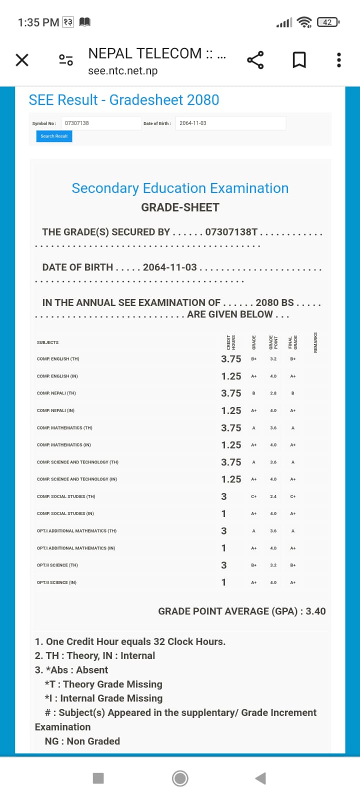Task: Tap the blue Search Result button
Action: pyautogui.click(x=54, y=136)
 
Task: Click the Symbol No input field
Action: pyautogui.click(x=101, y=123)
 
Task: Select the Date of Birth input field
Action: pyautogui.click(x=230, y=123)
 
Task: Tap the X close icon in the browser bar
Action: pyautogui.click(x=22, y=60)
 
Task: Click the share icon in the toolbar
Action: pyautogui.click(x=255, y=60)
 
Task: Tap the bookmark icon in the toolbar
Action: pyautogui.click(x=299, y=60)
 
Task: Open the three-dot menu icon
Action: pyautogui.click(x=339, y=60)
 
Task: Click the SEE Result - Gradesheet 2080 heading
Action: pyautogui.click(x=124, y=100)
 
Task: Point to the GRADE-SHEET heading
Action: pyautogui.click(x=180, y=207)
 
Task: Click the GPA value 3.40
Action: pyautogui.click(x=315, y=611)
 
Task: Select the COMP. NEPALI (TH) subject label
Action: pyautogui.click(x=56, y=393)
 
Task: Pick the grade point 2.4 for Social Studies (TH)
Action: pyautogui.click(x=273, y=496)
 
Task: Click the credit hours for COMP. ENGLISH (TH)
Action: pyautogui.click(x=231, y=359)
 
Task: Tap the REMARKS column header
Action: pyautogui.click(x=315, y=342)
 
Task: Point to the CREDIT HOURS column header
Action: pyautogui.click(x=231, y=342)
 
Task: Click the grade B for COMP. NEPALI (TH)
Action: pyautogui.click(x=253, y=393)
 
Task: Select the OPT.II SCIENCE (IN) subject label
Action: pyautogui.click(x=56, y=582)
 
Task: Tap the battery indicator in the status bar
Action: pyautogui.click(x=328, y=22)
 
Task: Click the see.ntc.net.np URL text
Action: pyautogui.click(x=123, y=71)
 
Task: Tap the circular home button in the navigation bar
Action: pyautogui.click(x=180, y=778)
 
